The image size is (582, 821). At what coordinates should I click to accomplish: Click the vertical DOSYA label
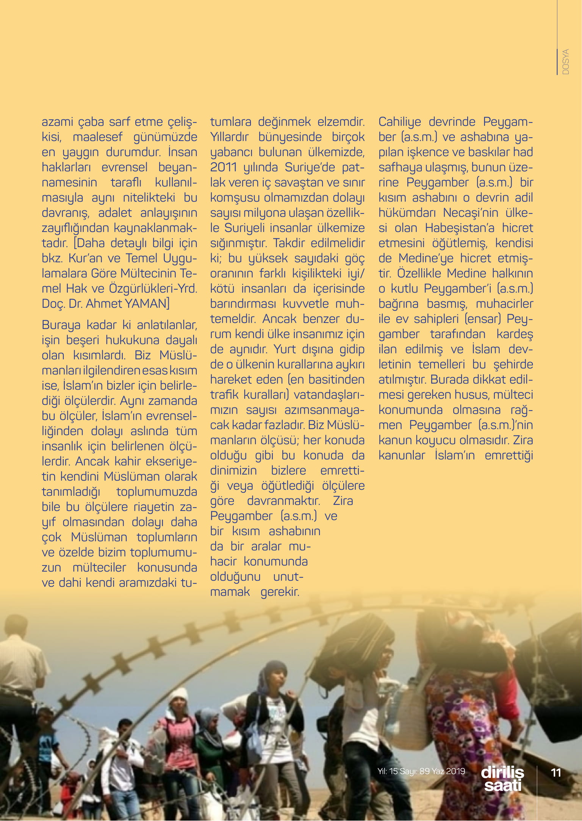point(566,62)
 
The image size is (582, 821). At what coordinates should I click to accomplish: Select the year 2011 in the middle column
point(224,167)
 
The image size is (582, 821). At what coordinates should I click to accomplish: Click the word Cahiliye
point(399,122)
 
